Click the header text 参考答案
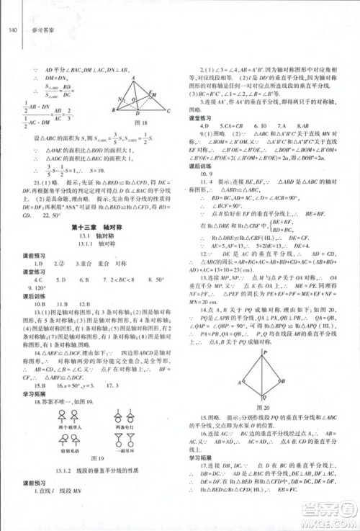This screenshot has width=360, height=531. (x=34, y=30)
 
